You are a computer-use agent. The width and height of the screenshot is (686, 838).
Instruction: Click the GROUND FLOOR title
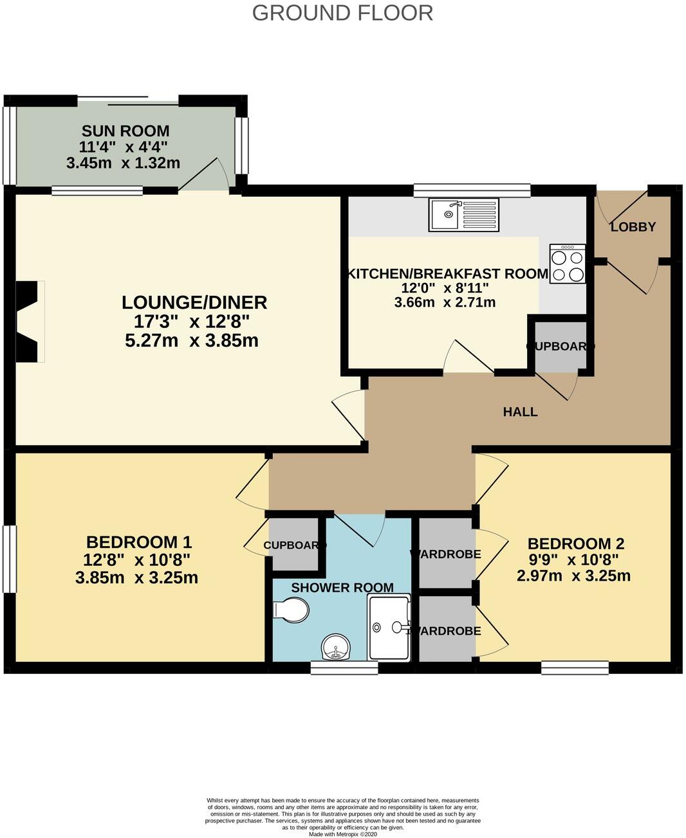[342, 13]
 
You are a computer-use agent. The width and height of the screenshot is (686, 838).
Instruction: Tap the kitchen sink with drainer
[463, 214]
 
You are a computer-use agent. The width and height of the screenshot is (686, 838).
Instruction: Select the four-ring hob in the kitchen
[568, 264]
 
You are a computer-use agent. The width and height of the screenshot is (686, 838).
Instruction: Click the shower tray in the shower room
[389, 627]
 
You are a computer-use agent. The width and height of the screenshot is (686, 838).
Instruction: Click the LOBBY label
[633, 226]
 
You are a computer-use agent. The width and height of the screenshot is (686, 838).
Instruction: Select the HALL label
[520, 412]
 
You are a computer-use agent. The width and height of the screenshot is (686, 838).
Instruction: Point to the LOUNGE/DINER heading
[194, 302]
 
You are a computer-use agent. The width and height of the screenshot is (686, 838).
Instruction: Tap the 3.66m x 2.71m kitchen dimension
[445, 302]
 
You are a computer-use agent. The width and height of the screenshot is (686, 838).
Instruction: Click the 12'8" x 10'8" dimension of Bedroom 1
[136, 560]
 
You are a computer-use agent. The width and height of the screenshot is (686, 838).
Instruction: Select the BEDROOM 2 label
[576, 543]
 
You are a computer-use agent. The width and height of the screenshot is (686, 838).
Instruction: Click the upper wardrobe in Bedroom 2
[447, 553]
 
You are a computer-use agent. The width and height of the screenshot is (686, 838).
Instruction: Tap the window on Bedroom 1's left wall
[9, 559]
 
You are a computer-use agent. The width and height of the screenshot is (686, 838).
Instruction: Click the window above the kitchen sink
[472, 190]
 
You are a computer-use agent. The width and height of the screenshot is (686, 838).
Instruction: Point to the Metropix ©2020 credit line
[342, 834]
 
